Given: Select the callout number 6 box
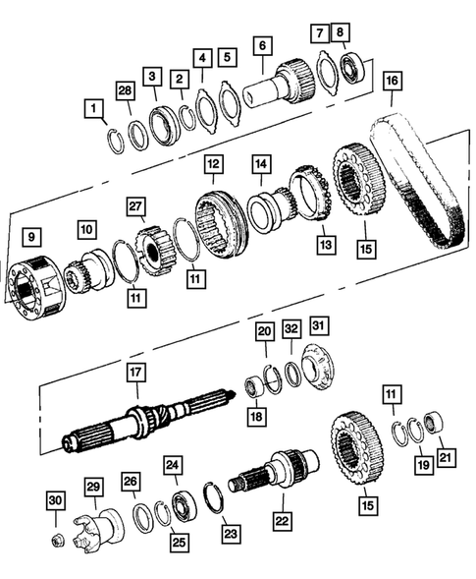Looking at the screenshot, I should (x=260, y=44).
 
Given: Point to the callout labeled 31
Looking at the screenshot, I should (x=319, y=325).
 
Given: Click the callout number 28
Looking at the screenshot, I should (x=126, y=90).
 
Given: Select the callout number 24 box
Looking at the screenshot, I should (x=173, y=465).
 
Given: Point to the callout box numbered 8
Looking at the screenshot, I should (x=341, y=31).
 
